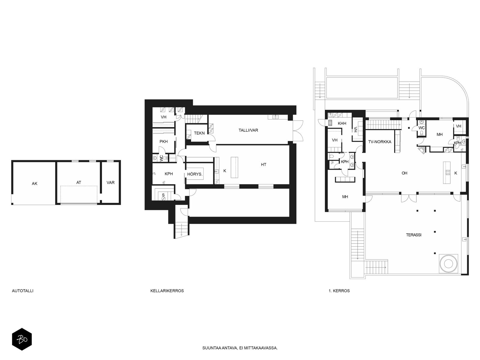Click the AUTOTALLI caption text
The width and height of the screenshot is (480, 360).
tap(22, 291)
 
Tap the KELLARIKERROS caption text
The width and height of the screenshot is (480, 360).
tap(167, 291)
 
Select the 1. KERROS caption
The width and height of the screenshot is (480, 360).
tap(339, 291)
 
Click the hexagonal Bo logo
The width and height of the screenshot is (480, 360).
tap(22, 339)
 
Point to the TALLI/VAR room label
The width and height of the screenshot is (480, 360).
tap(248, 130)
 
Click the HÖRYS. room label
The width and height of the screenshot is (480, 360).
tap(195, 174)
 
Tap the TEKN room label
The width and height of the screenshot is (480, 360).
tap(199, 133)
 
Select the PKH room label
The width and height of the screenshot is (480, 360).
tap(163, 142)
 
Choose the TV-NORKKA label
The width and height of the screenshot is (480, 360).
tap(379, 142)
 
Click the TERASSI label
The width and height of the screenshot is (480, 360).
tap(414, 235)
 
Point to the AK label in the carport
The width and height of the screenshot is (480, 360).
tap(34, 184)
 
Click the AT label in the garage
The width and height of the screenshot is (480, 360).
tap(79, 182)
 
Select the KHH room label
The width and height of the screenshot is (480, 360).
tap(342, 124)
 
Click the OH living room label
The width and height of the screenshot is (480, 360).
tap(405, 173)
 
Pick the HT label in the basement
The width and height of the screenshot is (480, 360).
tap(263, 165)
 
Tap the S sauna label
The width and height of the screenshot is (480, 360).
tap(163, 195)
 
